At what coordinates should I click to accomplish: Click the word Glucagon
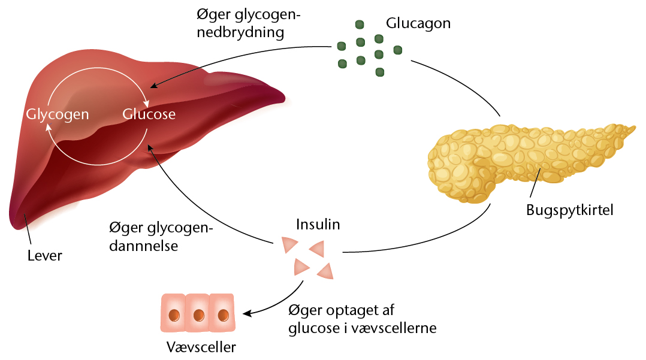click(418, 24)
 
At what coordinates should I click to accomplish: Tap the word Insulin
click(318, 225)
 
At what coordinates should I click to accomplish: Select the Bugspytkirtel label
click(570, 210)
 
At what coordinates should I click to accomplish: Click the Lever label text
click(45, 256)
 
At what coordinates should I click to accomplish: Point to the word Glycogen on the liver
click(58, 114)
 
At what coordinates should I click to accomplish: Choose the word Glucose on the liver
click(149, 114)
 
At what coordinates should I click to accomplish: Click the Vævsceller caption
click(201, 347)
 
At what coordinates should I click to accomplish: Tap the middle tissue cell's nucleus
click(198, 314)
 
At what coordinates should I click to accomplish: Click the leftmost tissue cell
click(173, 313)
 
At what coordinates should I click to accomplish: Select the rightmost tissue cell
click(223, 313)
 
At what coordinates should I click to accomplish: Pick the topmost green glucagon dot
click(360, 25)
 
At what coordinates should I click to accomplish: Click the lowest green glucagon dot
click(379, 72)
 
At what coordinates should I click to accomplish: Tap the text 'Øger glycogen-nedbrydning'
click(249, 23)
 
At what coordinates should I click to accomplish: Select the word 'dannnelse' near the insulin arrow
click(144, 246)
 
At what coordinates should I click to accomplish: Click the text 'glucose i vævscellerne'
click(362, 328)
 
